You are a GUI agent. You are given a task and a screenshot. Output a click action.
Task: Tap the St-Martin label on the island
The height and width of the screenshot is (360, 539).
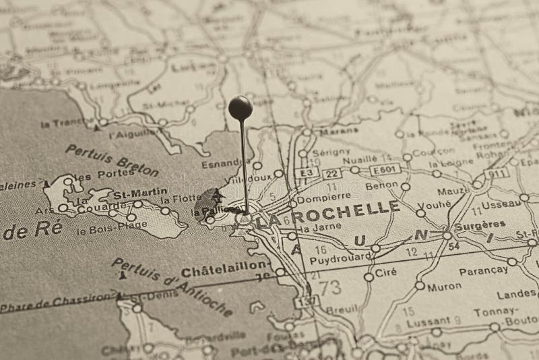139,192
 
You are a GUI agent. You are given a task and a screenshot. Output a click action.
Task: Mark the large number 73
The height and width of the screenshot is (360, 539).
329,287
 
